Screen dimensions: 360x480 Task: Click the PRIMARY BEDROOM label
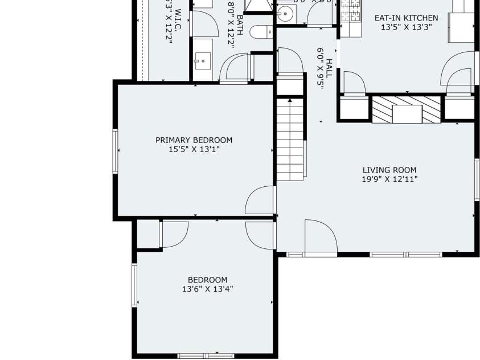(194, 140)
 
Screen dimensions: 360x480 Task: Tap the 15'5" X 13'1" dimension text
(194, 149)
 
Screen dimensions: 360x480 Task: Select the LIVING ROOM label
(389, 170)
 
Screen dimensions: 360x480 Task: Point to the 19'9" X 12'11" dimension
(389, 179)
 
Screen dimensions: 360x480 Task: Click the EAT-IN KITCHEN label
(406, 18)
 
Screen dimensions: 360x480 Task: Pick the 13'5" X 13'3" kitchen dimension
(406, 27)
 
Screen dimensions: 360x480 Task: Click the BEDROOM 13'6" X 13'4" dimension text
(207, 289)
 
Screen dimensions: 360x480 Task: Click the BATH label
(240, 26)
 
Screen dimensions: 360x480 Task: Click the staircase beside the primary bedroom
(290, 139)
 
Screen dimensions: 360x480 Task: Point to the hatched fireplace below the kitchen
(406, 109)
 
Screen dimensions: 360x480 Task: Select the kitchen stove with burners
(351, 10)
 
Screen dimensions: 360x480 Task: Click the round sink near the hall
(285, 12)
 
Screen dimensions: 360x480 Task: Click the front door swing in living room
(320, 236)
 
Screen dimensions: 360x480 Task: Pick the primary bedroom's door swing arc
(259, 200)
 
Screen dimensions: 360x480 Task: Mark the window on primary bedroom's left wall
(116, 150)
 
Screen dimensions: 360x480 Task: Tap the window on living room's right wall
(477, 179)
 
